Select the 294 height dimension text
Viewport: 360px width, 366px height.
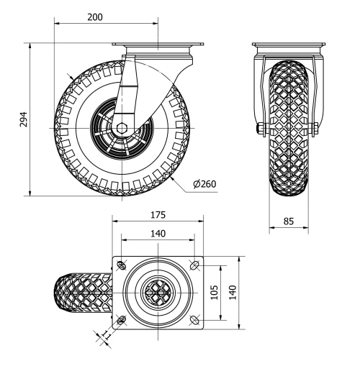(x=22, y=119)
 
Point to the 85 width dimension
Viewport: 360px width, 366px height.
(x=289, y=221)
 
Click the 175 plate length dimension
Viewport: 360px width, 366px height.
(x=158, y=214)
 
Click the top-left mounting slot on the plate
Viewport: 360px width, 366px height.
(x=121, y=265)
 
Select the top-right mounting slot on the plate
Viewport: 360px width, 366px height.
(x=195, y=265)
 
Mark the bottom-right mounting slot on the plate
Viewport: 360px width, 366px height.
(x=195, y=320)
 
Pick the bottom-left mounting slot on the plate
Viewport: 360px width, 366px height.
(x=121, y=320)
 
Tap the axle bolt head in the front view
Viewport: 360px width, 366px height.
(x=258, y=129)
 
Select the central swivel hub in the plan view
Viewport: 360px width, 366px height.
(x=158, y=293)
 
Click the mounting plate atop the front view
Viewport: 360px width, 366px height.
(x=288, y=47)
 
